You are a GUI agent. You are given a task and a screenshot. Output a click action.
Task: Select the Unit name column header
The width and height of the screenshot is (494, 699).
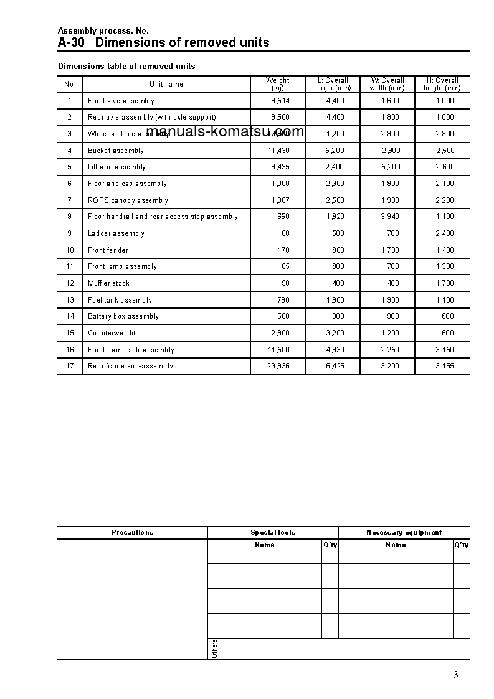[166, 84]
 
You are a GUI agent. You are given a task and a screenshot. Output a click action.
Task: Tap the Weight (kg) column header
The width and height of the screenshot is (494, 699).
[277, 84]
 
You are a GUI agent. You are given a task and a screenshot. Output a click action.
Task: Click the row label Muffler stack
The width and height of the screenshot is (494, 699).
[108, 283]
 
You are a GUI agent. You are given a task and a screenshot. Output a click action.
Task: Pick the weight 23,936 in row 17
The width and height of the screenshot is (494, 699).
[278, 366]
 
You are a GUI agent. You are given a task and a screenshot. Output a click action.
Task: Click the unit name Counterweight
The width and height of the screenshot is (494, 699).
[112, 333]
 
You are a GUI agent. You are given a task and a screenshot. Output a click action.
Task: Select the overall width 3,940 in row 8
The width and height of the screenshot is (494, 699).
[389, 217]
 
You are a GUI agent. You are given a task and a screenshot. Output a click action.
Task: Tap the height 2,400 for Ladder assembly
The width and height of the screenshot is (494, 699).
[445, 233]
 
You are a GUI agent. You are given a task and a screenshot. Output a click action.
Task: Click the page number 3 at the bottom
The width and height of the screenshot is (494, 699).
[455, 675]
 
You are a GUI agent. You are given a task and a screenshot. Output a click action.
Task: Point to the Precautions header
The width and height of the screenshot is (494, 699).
[132, 533]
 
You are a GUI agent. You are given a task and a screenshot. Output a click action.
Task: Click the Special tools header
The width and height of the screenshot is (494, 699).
[273, 533]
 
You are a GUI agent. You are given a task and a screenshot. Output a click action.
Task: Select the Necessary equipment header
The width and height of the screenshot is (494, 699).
[404, 533]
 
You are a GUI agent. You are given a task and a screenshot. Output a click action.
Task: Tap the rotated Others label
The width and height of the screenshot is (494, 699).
[214, 648]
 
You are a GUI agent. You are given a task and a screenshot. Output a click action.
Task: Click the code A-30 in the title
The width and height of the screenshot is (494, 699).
[71, 42]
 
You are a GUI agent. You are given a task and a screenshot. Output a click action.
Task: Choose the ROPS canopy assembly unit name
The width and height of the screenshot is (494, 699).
[128, 200]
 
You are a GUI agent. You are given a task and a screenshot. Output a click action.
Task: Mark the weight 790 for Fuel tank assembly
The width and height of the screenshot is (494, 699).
[283, 300]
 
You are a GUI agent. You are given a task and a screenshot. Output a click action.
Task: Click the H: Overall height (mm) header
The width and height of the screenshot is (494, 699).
[442, 84]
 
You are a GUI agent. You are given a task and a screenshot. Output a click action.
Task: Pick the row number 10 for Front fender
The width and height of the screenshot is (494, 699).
[70, 250]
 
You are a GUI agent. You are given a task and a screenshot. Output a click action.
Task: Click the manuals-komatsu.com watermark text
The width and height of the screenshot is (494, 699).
[225, 131]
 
